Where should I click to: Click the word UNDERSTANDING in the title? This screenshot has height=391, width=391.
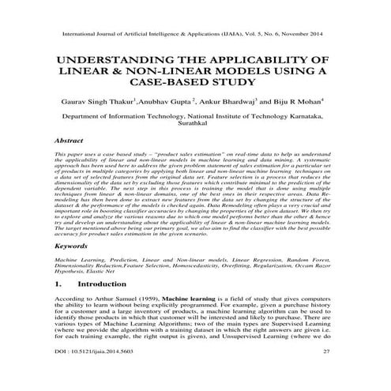pos(115,61)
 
